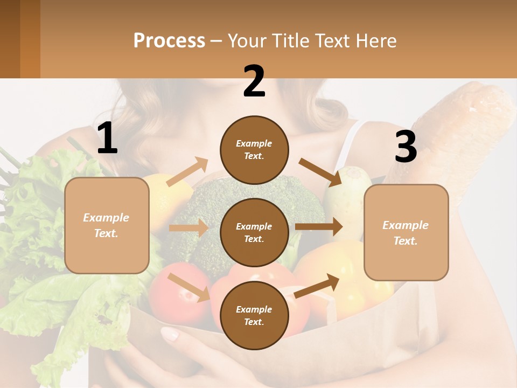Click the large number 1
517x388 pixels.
coord(107,138)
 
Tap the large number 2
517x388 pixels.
coord(254,81)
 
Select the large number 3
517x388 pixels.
coord(406,148)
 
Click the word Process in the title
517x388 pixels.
coord(169,40)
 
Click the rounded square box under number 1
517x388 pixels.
coord(107,225)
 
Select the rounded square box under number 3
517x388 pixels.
coord(406,232)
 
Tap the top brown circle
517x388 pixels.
coord(254,150)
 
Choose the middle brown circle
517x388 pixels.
coord(254,232)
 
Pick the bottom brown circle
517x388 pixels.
coord(254,315)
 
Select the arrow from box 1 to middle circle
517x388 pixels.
coord(188,228)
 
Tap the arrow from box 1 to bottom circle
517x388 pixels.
coord(189,287)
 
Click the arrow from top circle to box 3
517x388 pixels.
coord(321,172)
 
